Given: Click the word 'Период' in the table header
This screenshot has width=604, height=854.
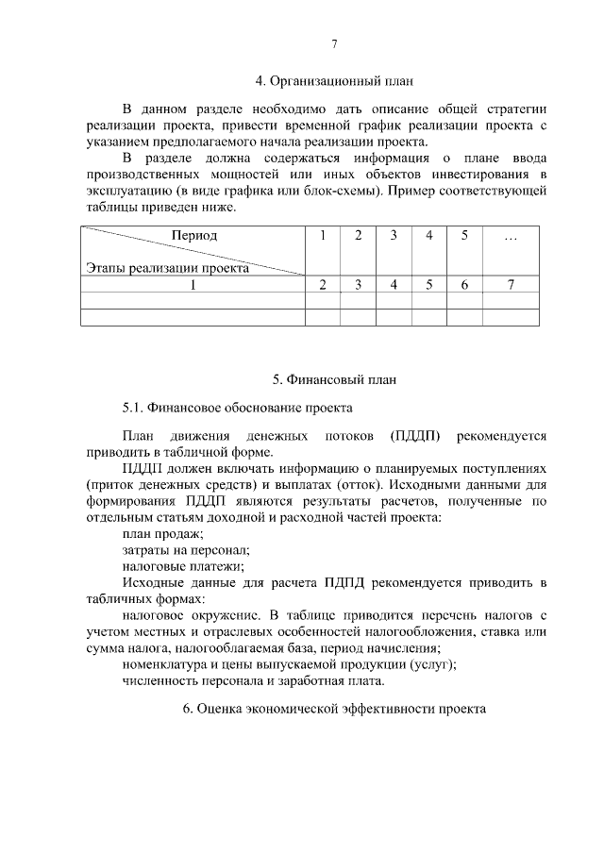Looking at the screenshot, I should point(194,235).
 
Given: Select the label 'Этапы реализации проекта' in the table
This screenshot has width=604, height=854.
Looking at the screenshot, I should point(167,267).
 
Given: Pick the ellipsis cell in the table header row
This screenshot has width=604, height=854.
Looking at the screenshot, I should point(511,236).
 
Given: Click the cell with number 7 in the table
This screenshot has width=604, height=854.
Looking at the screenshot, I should point(511,284).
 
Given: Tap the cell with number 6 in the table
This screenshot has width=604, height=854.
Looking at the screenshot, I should point(464,284).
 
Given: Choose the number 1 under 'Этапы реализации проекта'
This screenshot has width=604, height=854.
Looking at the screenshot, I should point(194,284).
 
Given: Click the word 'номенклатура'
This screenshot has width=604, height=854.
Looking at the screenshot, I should point(166,663).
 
